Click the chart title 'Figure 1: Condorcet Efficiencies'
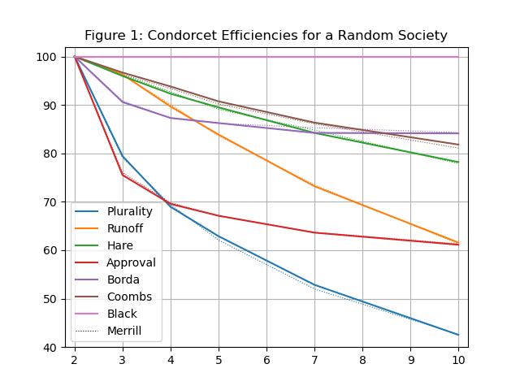[266, 36]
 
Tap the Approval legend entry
[131, 262]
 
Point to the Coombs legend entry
[128, 297]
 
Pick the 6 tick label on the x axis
[266, 359]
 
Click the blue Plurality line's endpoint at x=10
[458, 335]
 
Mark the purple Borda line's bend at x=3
[123, 102]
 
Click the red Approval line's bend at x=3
[123, 175]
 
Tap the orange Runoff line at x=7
[314, 186]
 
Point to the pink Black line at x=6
[266, 57]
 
